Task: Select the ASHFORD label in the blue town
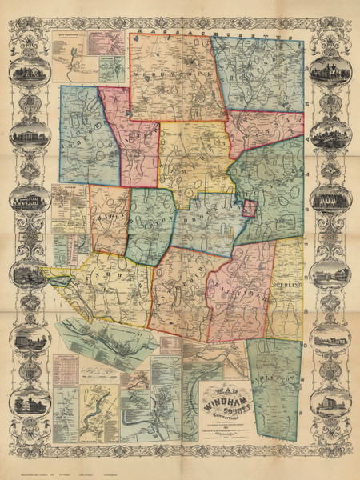tap(80, 136)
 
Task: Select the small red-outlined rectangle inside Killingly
tap(250, 210)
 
